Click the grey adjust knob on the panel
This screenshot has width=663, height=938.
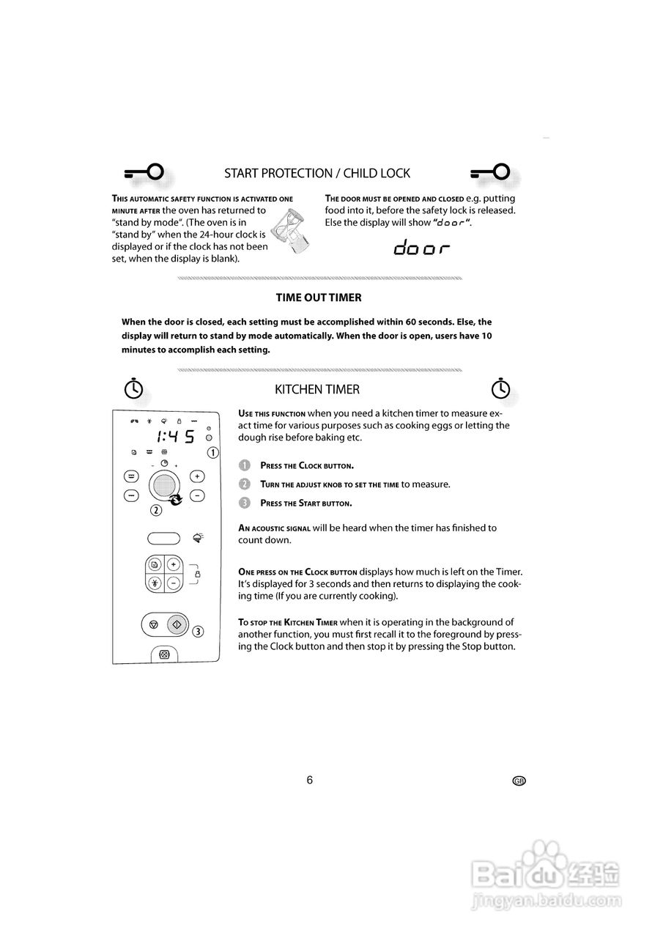pyautogui.click(x=164, y=486)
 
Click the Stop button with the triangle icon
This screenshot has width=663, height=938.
pyautogui.click(x=153, y=625)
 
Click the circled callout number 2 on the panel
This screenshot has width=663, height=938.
pyautogui.click(x=156, y=511)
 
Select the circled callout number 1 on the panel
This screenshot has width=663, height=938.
pyautogui.click(x=212, y=453)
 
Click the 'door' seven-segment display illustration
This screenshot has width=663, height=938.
pyautogui.click(x=421, y=248)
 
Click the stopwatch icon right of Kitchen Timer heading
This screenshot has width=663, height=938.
pyautogui.click(x=500, y=389)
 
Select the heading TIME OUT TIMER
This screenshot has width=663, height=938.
pyautogui.click(x=318, y=298)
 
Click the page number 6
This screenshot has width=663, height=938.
pyautogui.click(x=309, y=780)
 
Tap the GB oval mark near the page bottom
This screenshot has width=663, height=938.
pyautogui.click(x=519, y=781)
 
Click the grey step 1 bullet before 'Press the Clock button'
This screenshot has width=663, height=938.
pyautogui.click(x=245, y=465)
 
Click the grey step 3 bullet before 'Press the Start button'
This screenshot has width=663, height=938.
pyautogui.click(x=245, y=503)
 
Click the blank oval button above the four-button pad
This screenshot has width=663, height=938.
pyautogui.click(x=164, y=539)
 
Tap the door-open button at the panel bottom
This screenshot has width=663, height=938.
pyautogui.click(x=164, y=654)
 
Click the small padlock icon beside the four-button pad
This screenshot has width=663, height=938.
pyautogui.click(x=197, y=574)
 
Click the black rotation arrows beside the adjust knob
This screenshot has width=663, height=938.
pyautogui.click(x=176, y=500)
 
